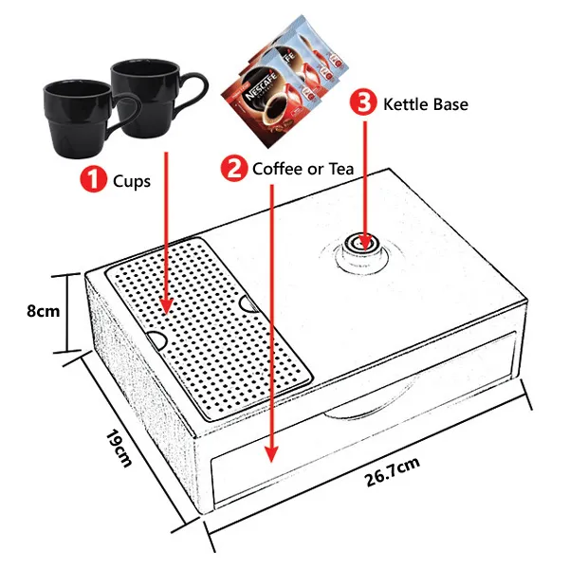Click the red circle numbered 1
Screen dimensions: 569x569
coord(93,179)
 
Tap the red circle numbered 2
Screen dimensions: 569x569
coord(234,168)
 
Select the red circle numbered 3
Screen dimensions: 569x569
coord(363,102)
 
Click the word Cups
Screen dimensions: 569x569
coord(132,181)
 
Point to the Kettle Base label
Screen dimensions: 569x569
coord(426,104)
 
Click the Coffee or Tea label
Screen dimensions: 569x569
coord(303,169)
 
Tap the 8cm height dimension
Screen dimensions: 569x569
coord(44,311)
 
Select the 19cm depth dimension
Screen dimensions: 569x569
coord(119,449)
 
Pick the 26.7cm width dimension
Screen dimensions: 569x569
coord(393,471)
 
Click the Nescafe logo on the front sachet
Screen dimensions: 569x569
coord(262,87)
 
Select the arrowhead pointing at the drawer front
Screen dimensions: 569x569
coord(271,453)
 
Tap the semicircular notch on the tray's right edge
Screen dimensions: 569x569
coord(250,304)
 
